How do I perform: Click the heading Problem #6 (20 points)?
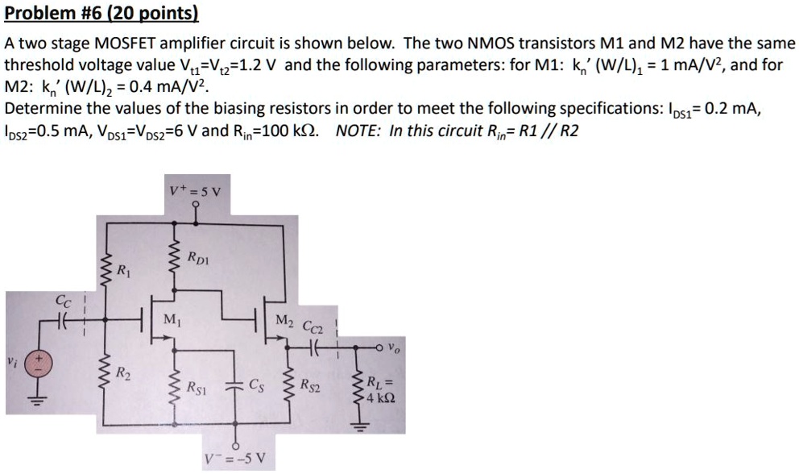[x=101, y=14]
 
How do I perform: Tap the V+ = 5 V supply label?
[x=200, y=192]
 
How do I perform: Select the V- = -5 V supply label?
[x=241, y=461]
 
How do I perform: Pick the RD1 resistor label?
[x=199, y=258]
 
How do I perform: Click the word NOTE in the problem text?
[x=358, y=131]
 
